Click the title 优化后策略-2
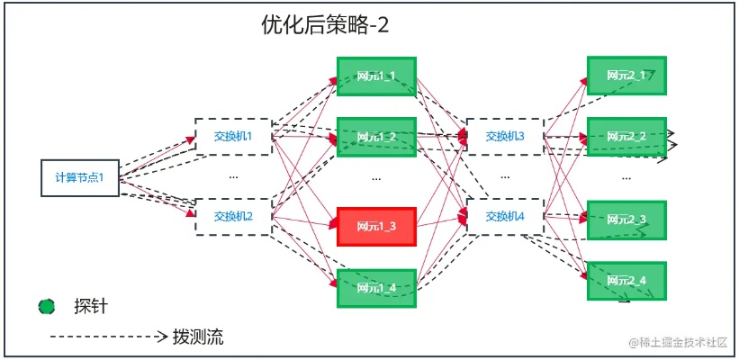[x=324, y=25]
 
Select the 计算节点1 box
[x=80, y=177]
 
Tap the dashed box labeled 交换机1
[x=233, y=137]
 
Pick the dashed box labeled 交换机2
[x=233, y=216]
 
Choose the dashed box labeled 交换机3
[x=505, y=137]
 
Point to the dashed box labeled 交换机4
[x=505, y=216]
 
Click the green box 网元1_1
[x=375, y=76]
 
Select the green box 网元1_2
[x=375, y=137]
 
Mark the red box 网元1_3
[x=375, y=226]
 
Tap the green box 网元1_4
[x=375, y=288]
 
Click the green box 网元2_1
[x=626, y=76]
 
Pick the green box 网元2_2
[x=626, y=137]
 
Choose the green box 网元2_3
[x=626, y=220]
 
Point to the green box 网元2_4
[x=626, y=281]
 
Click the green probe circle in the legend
[x=47, y=307]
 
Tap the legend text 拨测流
[x=198, y=337]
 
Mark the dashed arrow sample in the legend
[x=108, y=337]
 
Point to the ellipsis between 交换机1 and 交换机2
[x=233, y=177]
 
